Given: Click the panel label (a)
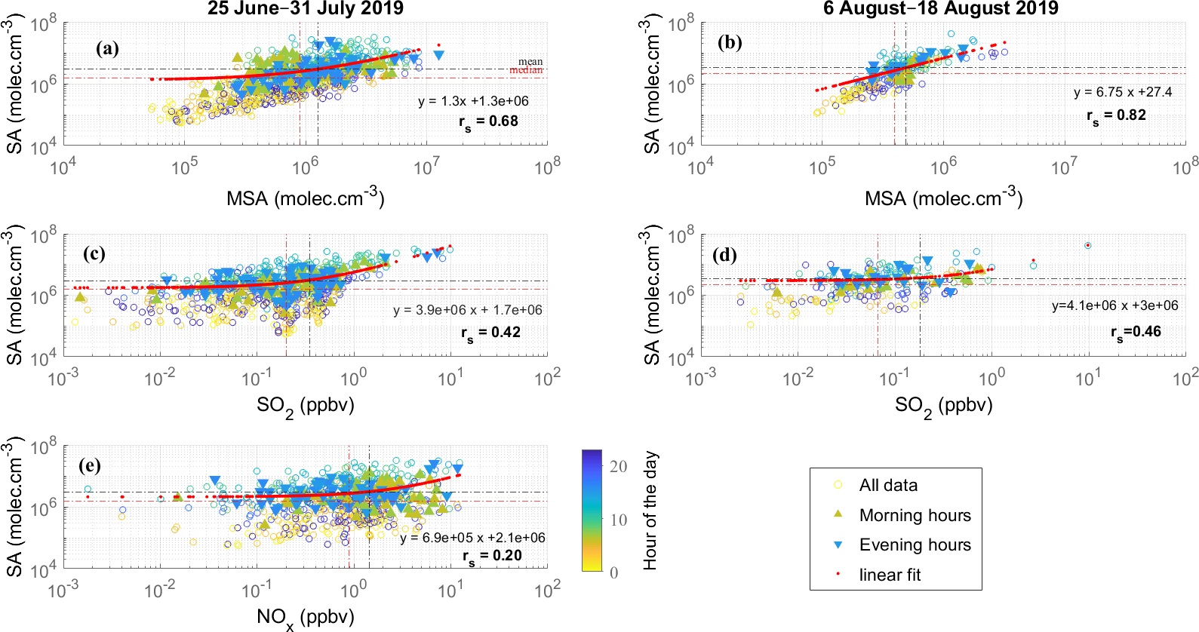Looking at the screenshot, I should click(107, 49).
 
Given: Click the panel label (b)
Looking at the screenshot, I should click(730, 42).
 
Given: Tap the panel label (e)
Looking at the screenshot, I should click(91, 465).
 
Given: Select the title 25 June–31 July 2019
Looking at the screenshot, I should click(306, 9).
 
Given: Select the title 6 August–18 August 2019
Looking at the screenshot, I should click(940, 9).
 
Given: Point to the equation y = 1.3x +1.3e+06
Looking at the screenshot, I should click(473, 101).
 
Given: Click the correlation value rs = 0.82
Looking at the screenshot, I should click(1116, 115).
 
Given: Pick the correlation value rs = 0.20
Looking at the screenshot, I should click(492, 556).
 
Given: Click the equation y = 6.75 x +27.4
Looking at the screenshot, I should click(1123, 92).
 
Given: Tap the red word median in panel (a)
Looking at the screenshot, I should click(526, 70).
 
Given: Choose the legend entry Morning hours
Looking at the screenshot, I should click(915, 515).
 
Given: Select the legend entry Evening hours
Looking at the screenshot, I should click(915, 545).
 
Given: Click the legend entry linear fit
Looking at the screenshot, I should click(890, 575).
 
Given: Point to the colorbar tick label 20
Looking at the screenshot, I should click(619, 466).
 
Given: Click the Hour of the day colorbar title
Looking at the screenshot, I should click(650, 511).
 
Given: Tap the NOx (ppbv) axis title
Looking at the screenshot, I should click(305, 618).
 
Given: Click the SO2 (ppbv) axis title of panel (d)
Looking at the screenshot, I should click(943, 406).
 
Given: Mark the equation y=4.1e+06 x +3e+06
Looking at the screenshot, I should click(1114, 305).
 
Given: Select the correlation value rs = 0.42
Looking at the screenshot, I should click(490, 333).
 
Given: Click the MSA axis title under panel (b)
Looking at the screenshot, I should click(943, 198).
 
